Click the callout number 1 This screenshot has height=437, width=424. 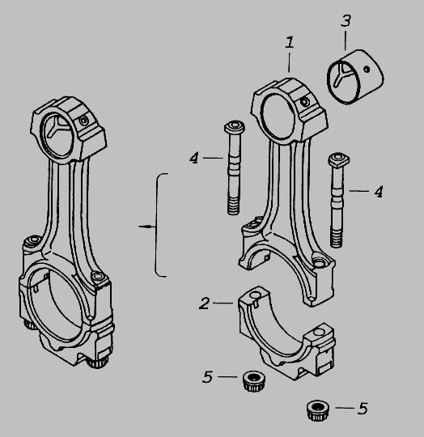coord(290,42)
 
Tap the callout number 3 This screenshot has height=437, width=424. coord(346,21)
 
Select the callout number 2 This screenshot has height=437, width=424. coord(204,303)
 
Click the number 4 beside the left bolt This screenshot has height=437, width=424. coord(194,158)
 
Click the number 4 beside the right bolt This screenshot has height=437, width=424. coord(379,192)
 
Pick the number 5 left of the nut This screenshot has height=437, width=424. coord(207,377)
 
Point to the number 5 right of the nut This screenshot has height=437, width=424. coord(363,409)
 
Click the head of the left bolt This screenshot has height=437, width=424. coord(235,127)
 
